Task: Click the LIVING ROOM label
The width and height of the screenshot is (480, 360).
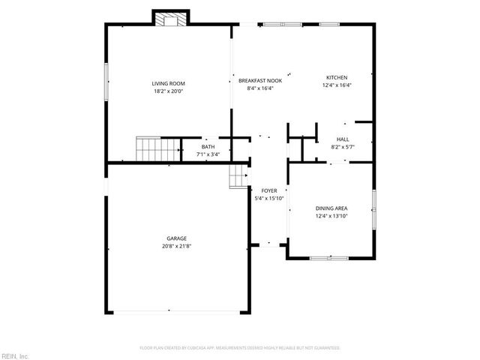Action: [168, 83]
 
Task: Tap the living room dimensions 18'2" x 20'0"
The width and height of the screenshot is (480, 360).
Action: [168, 91]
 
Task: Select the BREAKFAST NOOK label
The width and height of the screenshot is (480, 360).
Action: [259, 80]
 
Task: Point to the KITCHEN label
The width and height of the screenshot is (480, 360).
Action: [336, 77]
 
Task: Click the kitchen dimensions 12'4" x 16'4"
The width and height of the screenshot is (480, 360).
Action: [336, 85]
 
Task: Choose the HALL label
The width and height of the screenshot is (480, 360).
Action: [343, 139]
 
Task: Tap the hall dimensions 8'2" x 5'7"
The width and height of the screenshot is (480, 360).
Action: [343, 147]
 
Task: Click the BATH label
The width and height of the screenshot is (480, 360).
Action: [208, 147]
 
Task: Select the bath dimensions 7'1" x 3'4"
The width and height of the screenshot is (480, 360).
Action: [208, 154]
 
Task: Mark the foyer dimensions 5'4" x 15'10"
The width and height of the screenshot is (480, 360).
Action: [269, 198]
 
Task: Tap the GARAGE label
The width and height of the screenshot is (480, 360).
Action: [177, 238]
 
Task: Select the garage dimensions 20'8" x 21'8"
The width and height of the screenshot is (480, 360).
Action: [177, 246]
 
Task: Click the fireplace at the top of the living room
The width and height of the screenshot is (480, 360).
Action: [169, 19]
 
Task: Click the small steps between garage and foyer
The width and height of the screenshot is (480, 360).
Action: [238, 175]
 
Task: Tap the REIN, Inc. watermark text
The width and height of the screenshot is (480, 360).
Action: [15, 355]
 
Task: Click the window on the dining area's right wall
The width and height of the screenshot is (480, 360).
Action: [373, 205]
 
